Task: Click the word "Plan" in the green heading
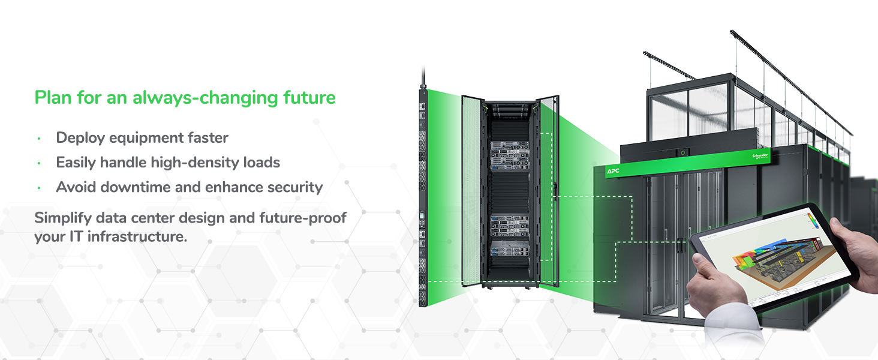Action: [52, 97]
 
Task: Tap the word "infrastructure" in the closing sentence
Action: [137, 236]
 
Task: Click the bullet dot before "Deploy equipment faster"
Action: [38, 139]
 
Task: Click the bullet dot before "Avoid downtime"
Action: [38, 188]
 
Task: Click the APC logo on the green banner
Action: [613, 172]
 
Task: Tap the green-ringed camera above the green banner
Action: [682, 153]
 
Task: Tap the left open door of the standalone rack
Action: [473, 192]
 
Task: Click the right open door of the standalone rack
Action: [547, 192]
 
